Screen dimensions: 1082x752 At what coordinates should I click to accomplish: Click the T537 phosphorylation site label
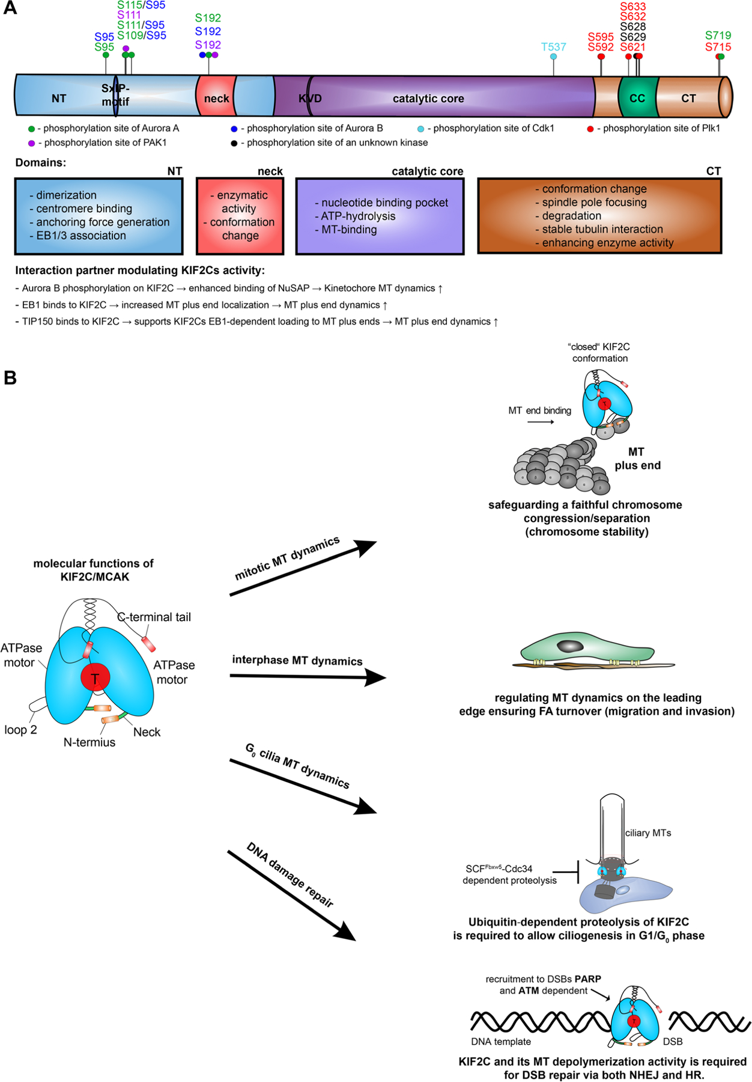pyautogui.click(x=553, y=47)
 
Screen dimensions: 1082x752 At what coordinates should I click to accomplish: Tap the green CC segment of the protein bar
pyautogui.click(x=637, y=98)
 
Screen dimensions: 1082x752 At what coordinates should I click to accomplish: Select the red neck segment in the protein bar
pyautogui.click(x=215, y=98)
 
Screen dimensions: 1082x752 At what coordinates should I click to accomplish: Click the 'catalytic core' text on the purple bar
pyautogui.click(x=428, y=99)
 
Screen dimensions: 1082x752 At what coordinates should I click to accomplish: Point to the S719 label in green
pyautogui.click(x=718, y=35)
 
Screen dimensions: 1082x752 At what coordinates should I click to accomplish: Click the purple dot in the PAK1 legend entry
pyautogui.click(x=31, y=143)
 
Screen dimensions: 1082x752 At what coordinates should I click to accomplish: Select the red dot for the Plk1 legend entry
pyautogui.click(x=590, y=129)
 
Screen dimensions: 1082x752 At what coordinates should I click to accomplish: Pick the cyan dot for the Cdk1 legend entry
pyautogui.click(x=420, y=129)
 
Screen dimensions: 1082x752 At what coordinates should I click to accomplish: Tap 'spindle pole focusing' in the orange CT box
pyautogui.click(x=594, y=203)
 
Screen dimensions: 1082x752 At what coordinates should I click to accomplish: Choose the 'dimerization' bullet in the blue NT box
pyautogui.click(x=66, y=195)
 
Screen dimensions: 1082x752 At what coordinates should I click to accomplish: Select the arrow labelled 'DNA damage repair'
pyautogui.click(x=291, y=895)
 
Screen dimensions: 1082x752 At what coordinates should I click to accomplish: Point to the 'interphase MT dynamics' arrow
pyautogui.click(x=307, y=677)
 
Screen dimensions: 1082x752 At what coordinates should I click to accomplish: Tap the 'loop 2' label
pyautogui.click(x=20, y=730)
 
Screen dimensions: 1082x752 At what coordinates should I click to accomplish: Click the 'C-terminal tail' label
pyautogui.click(x=154, y=617)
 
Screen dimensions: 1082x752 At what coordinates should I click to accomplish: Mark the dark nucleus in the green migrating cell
pyautogui.click(x=570, y=646)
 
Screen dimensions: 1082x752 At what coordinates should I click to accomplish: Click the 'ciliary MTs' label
pyautogui.click(x=648, y=833)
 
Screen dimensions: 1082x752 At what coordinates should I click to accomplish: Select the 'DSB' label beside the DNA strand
pyautogui.click(x=673, y=1041)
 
